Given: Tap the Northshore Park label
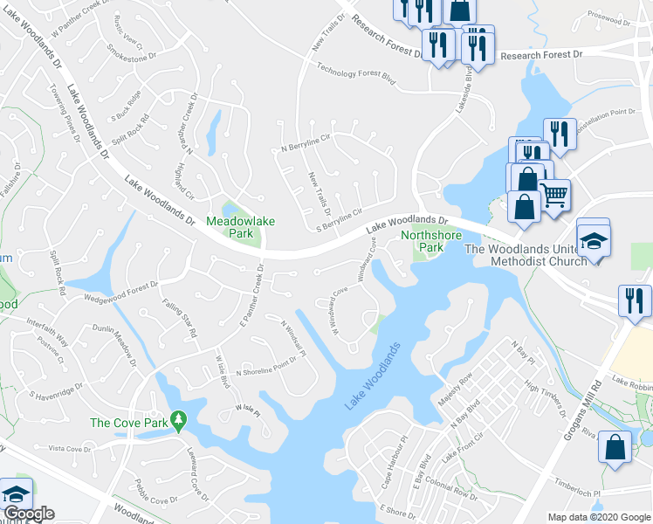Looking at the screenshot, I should tap(422, 241).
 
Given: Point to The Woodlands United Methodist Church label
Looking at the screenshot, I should tap(559, 254).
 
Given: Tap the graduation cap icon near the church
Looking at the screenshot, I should tap(594, 240).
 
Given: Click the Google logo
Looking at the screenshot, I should tap(28, 514).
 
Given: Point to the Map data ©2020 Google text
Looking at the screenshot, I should tap(599, 517).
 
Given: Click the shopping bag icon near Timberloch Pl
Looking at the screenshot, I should tap(615, 448).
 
